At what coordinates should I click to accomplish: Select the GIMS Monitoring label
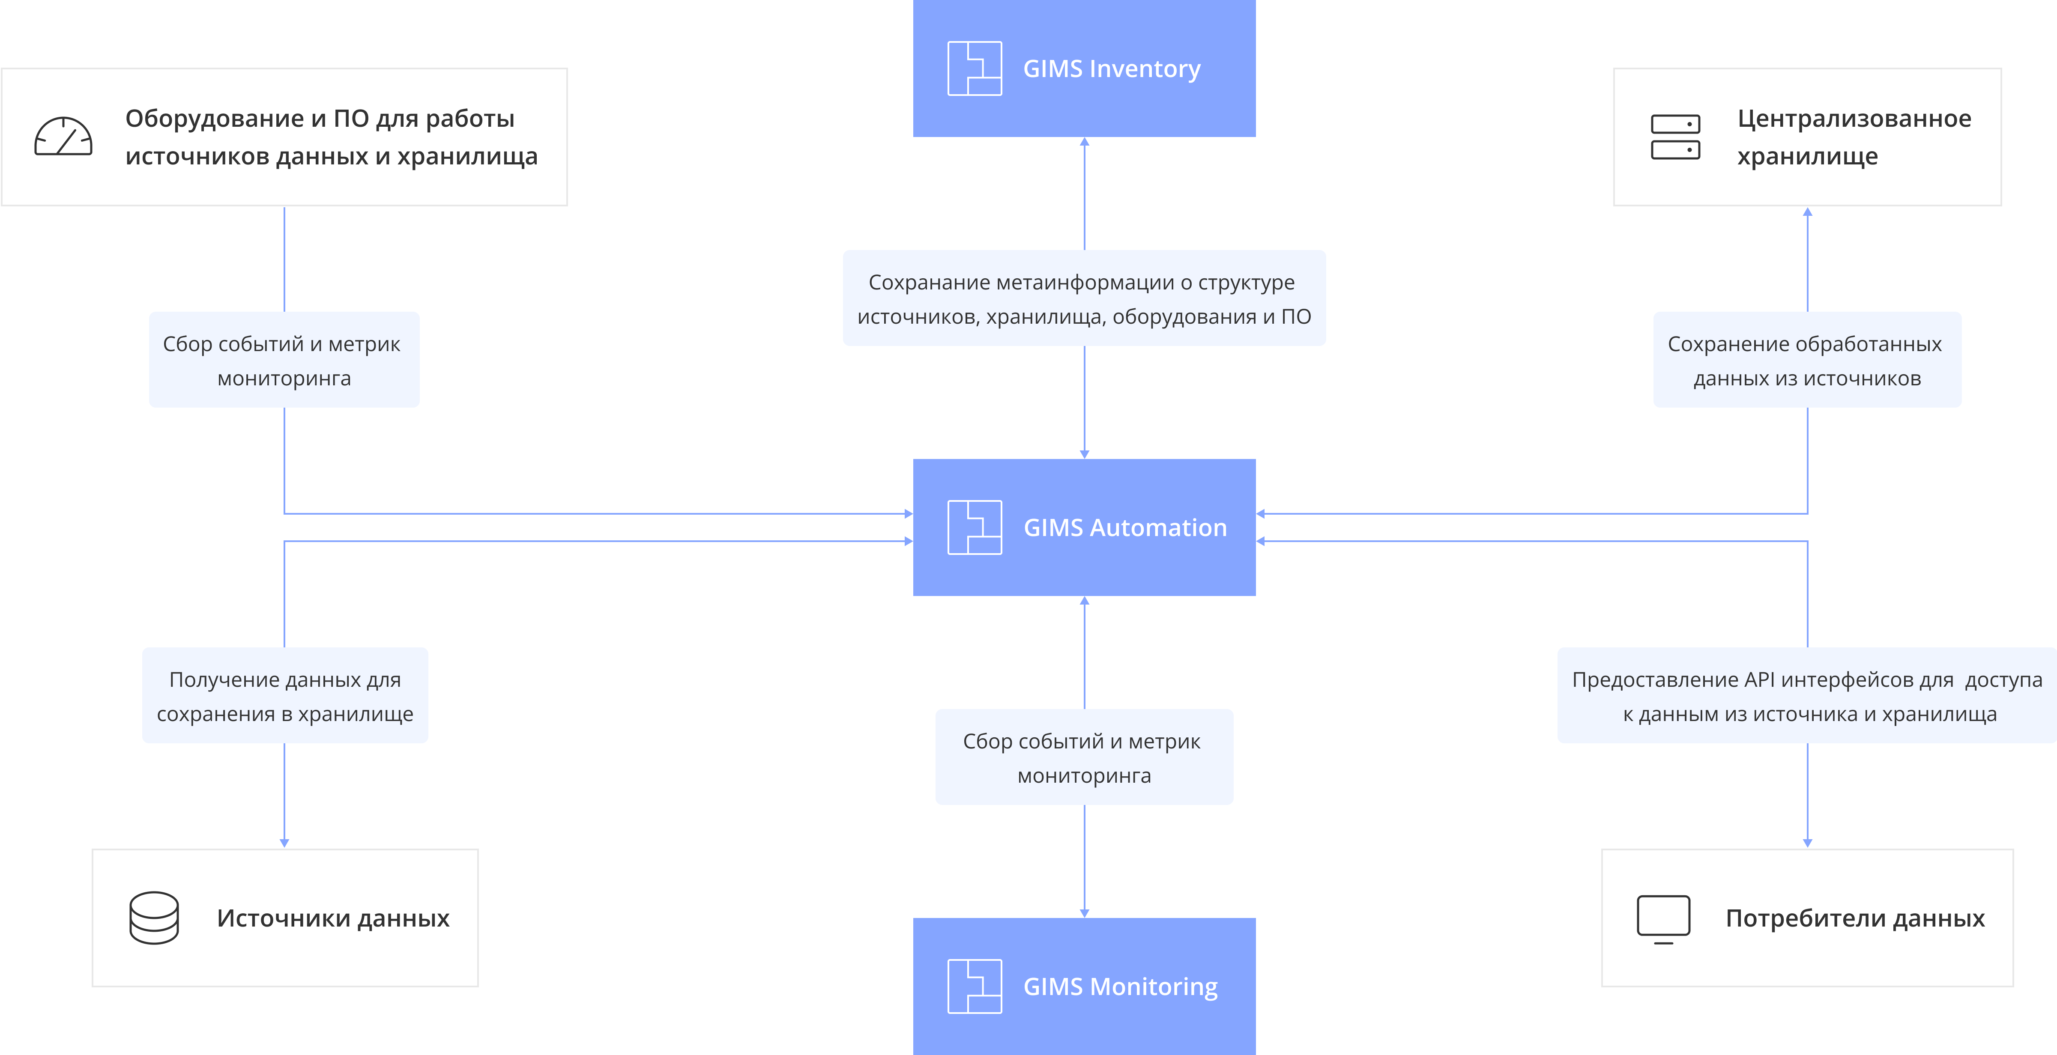(x=1120, y=987)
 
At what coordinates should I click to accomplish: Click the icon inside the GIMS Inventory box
(x=974, y=69)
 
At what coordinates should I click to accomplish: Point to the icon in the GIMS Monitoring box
(x=974, y=986)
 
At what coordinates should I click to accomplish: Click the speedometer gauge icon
(x=63, y=137)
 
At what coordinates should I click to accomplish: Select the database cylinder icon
(x=154, y=918)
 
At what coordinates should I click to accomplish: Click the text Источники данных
(x=333, y=918)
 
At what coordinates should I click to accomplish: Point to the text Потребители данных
(x=1855, y=918)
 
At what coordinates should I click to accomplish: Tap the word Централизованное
(x=1854, y=119)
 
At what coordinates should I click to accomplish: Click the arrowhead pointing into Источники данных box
(x=284, y=843)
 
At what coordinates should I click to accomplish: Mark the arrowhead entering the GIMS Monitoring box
(x=1084, y=913)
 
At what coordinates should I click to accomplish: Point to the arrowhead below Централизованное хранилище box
(x=1808, y=212)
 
